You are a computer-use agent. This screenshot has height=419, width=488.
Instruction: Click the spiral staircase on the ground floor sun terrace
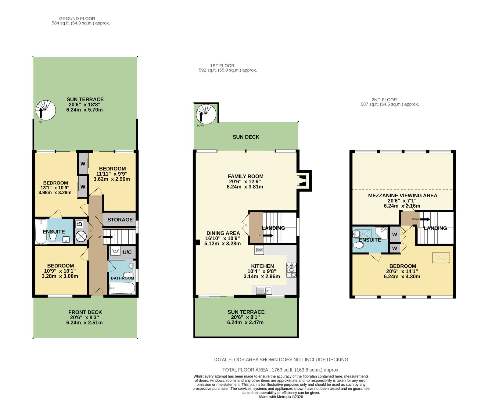coord(46,110)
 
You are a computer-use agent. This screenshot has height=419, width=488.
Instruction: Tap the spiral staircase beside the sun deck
coord(206,114)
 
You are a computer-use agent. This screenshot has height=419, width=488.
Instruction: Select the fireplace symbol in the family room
coord(302,181)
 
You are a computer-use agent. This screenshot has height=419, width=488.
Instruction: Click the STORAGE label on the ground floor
coord(120,220)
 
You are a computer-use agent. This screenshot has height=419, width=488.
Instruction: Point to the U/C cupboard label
coord(127,252)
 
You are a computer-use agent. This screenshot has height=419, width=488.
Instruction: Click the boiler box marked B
coord(79,224)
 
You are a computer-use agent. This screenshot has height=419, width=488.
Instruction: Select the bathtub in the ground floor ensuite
coord(41,231)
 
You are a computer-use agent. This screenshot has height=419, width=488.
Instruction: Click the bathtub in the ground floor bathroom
coord(122,288)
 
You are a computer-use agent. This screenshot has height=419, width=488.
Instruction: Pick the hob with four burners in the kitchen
coord(291,270)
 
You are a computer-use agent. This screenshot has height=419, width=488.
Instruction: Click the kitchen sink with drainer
coord(264,290)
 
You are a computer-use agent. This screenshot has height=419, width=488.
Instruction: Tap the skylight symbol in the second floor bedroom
coord(441,258)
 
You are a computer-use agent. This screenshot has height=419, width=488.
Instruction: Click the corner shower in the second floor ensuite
coord(382,233)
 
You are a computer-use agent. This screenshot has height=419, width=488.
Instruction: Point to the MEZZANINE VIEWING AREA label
coord(403,195)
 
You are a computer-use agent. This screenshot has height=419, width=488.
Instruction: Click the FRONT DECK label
coord(85,312)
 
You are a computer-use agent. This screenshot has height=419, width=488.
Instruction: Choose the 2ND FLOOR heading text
coord(384,100)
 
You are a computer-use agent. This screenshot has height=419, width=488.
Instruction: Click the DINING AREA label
coord(223,233)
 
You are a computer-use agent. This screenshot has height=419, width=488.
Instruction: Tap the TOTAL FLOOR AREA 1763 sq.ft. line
coord(281,370)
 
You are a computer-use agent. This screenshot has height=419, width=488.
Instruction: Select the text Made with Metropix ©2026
coord(281,397)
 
